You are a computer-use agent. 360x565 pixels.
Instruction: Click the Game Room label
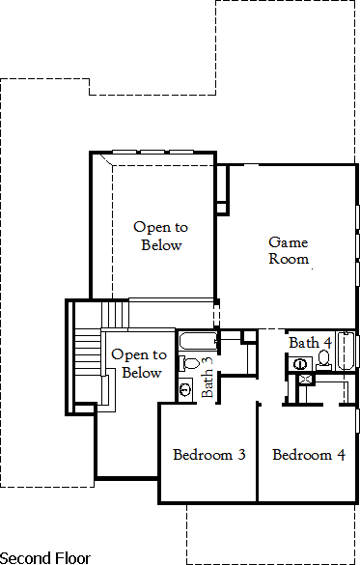click(289, 250)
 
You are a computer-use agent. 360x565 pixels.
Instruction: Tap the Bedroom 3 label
click(208, 455)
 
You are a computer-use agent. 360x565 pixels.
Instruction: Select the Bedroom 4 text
click(308, 455)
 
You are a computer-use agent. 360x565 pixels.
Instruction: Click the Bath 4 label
click(310, 343)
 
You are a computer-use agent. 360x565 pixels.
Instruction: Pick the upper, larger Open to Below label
click(161, 236)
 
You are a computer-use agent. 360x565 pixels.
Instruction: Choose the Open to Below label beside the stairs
click(136, 364)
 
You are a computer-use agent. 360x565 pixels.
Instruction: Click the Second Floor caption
click(45, 557)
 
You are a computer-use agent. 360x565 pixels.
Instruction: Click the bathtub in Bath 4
click(348, 353)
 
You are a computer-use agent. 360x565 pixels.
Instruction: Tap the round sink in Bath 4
click(300, 364)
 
